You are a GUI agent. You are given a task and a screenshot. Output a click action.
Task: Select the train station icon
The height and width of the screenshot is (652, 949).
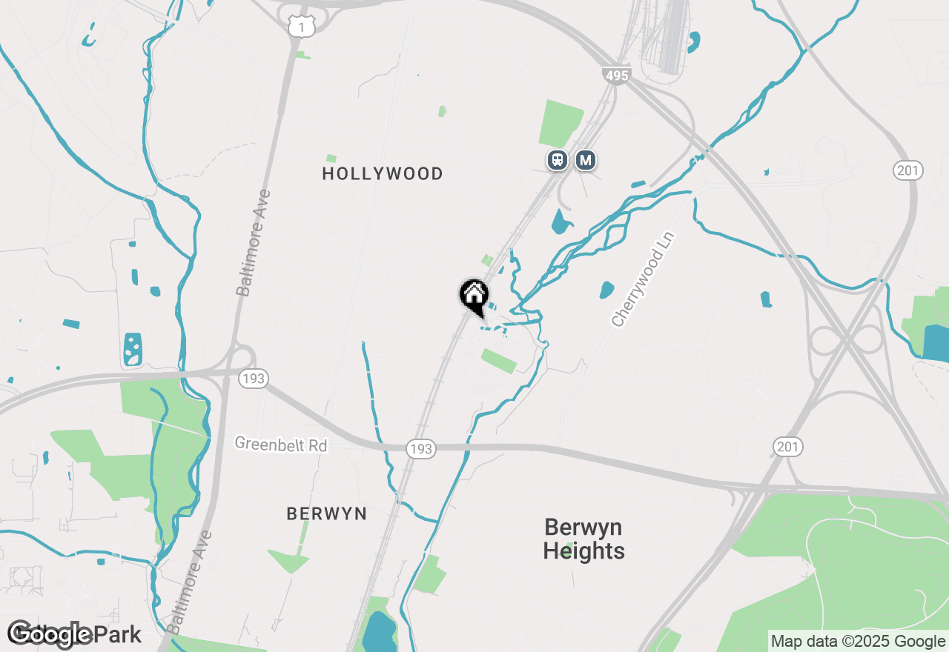(x=558, y=159)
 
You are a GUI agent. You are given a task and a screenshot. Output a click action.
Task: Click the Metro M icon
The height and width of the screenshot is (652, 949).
(x=586, y=159)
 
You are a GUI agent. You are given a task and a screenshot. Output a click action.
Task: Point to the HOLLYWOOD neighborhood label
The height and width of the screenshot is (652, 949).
(x=383, y=173)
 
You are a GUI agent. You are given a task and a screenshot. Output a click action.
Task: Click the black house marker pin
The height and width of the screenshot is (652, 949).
(x=474, y=296)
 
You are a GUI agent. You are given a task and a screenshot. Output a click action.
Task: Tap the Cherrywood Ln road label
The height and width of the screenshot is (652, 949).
(x=644, y=279)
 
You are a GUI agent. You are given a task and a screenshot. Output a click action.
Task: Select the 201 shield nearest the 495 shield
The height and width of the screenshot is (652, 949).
(x=907, y=170)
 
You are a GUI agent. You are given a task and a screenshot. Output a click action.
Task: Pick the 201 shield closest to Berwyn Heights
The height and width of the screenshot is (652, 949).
(x=788, y=447)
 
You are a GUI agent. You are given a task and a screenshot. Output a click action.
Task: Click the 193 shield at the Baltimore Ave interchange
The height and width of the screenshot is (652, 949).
(x=253, y=379)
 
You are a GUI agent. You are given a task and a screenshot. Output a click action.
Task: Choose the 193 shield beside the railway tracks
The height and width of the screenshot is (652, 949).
(x=421, y=448)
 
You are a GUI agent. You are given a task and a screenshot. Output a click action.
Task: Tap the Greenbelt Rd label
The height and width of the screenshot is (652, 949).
(x=281, y=445)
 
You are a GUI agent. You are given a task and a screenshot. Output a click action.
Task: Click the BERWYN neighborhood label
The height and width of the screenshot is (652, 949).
(x=326, y=513)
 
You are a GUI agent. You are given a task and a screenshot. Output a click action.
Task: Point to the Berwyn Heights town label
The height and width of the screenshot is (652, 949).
(x=583, y=539)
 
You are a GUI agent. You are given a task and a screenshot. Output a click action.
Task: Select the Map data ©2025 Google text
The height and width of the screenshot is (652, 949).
(x=858, y=642)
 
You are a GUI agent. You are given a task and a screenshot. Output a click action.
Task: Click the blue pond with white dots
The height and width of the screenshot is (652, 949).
(x=133, y=349)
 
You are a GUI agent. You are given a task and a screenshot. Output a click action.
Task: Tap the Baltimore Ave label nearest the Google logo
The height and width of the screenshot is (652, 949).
(x=190, y=582)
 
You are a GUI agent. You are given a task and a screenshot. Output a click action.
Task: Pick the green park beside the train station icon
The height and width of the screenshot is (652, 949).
(x=561, y=122)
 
